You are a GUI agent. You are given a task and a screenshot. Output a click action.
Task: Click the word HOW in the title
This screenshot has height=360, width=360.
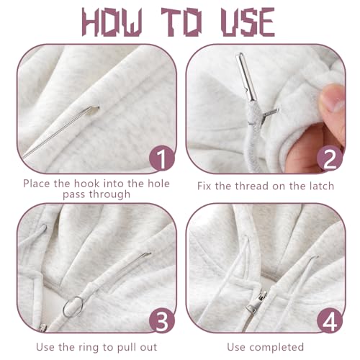(112, 22)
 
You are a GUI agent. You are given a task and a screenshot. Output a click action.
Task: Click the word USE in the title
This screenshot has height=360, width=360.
(248, 22)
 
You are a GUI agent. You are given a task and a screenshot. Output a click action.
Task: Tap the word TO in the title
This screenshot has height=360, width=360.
(181, 22)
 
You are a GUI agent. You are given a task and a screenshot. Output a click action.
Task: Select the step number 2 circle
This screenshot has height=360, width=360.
(330, 158)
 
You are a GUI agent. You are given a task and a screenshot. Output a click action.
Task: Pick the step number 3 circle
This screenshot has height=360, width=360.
(162, 321)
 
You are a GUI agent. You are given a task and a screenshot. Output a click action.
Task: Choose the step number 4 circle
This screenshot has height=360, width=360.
(330, 321)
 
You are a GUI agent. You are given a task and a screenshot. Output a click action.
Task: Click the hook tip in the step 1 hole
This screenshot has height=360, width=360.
(95, 110)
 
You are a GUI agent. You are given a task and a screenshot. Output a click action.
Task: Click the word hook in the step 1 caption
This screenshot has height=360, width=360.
(86, 184)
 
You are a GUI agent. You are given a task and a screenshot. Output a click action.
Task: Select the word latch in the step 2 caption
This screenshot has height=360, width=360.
(322, 186)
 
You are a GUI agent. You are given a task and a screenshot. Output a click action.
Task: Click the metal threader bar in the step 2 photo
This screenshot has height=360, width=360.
(246, 76)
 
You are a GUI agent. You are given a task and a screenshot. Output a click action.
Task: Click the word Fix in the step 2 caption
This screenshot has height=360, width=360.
(204, 186)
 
